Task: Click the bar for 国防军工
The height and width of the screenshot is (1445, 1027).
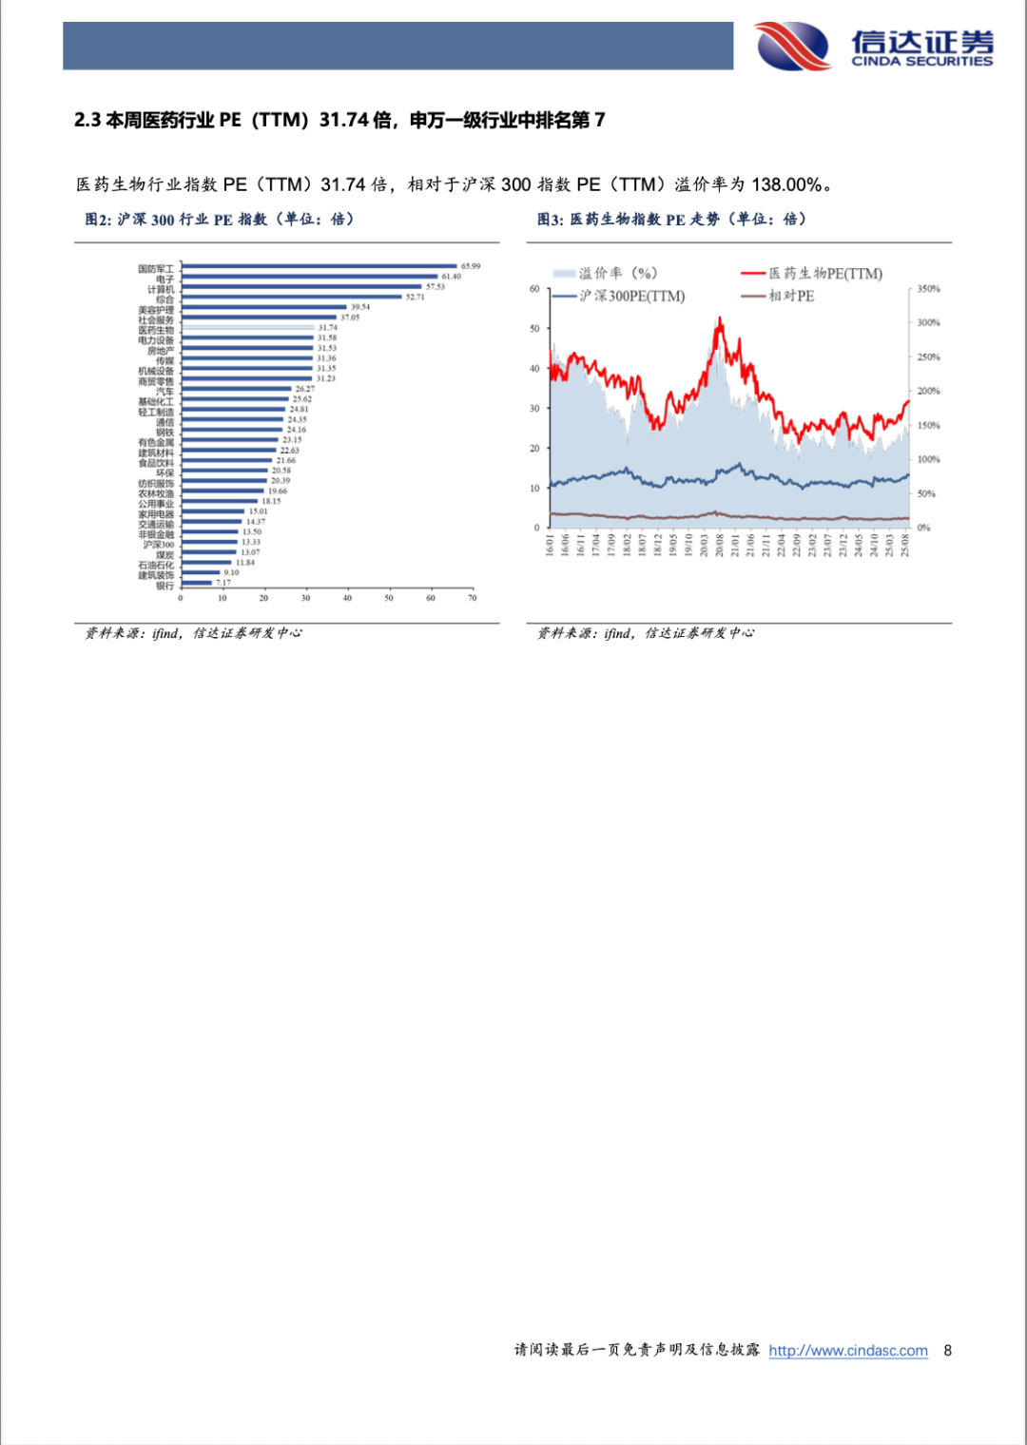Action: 319,267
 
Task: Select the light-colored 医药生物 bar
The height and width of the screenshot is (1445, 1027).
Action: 247,328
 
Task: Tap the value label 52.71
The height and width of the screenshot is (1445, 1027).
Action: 416,298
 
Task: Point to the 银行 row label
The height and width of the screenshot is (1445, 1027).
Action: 165,586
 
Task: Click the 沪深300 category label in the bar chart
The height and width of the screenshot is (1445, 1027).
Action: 159,545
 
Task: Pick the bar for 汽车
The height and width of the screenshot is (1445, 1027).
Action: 236,389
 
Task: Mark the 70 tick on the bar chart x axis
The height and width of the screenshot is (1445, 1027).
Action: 472,598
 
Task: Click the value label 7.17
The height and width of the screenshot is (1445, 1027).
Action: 223,583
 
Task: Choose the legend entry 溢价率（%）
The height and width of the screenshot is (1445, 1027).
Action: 617,274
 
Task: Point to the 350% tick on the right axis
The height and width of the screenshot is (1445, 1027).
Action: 928,289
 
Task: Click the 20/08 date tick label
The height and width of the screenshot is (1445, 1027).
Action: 720,546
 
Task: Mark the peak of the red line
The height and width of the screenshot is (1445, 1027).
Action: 720,320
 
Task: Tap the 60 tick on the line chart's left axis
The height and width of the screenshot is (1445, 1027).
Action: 534,289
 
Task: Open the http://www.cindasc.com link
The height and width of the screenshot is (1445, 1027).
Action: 848,1351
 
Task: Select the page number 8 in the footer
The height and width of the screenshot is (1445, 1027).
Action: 947,1351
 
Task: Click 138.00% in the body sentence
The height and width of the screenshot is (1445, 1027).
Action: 786,184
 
